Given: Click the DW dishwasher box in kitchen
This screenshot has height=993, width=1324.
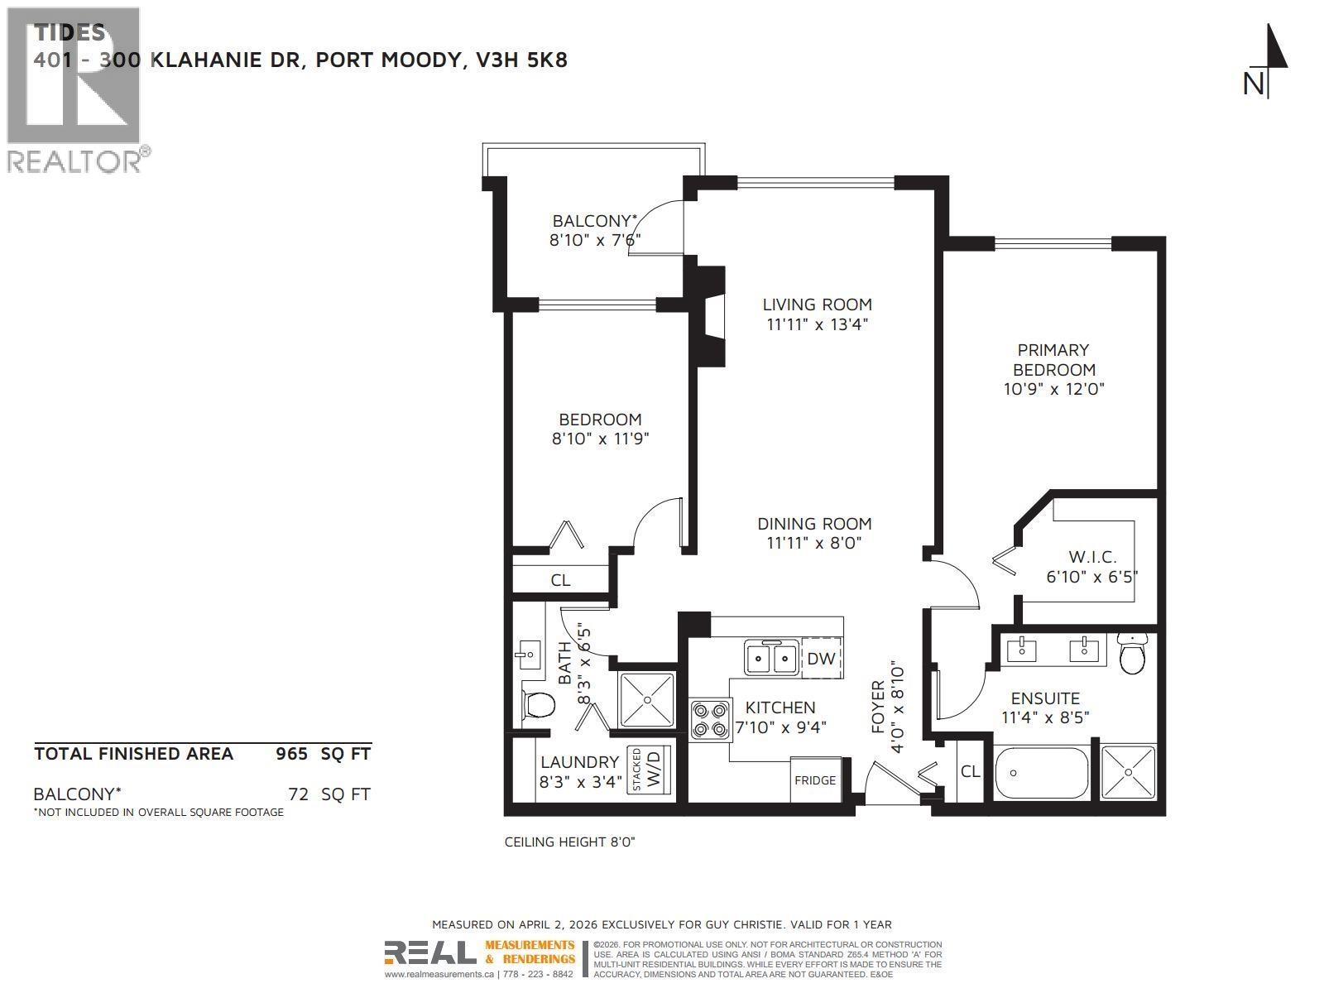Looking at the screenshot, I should (821, 659).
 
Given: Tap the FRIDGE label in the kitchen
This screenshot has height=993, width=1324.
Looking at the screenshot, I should (815, 780).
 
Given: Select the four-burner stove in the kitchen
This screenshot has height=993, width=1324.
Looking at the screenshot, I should (711, 718).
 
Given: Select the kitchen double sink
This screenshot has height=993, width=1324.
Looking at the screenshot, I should (771, 659).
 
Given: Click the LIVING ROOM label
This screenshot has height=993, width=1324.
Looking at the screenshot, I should (817, 305).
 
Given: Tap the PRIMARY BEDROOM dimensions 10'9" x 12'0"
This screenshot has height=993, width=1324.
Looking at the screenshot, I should (1053, 389).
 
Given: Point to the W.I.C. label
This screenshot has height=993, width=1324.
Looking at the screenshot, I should (1092, 557).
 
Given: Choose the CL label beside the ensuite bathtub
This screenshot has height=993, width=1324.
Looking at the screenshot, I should (970, 771).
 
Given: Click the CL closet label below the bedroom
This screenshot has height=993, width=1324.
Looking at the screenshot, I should (560, 580).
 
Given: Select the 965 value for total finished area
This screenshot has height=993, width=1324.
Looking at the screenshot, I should (291, 754).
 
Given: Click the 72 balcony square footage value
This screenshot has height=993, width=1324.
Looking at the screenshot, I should (298, 794).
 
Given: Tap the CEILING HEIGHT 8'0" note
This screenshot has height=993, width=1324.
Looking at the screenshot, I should (569, 842).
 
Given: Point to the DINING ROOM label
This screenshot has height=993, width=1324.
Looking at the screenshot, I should (814, 524).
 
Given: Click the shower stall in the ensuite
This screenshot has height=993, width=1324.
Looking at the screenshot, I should (1128, 771).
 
